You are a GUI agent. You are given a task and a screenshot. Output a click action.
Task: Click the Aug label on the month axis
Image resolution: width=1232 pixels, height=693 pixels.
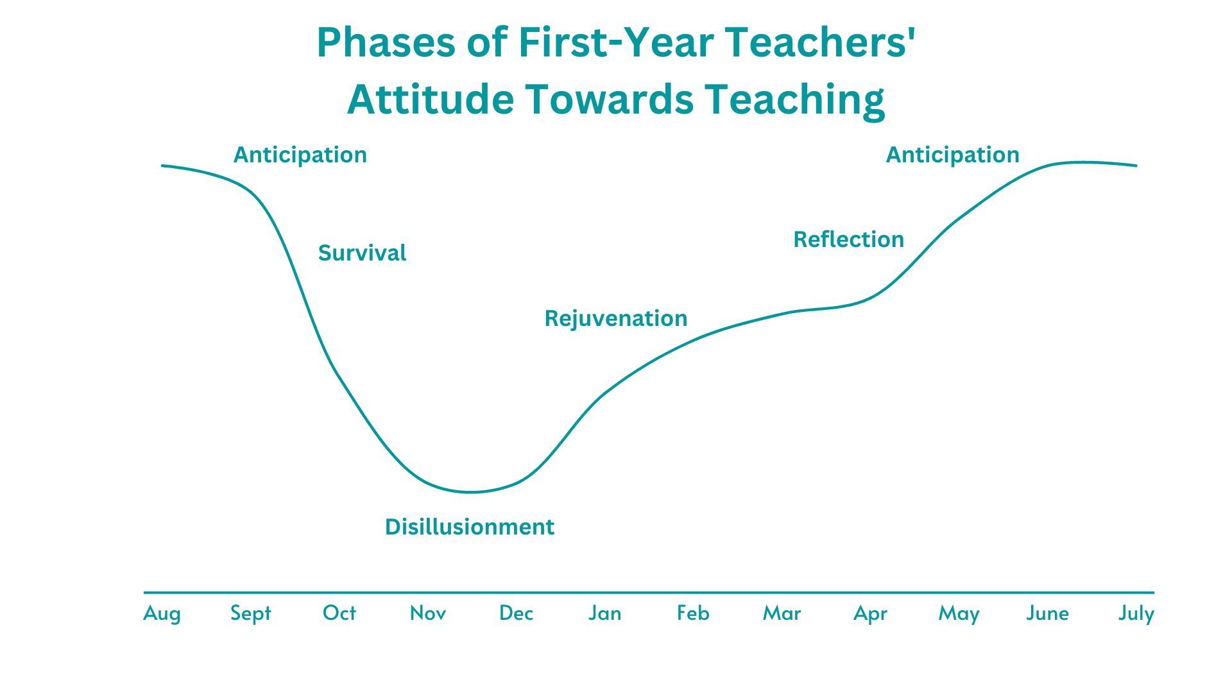(162, 613)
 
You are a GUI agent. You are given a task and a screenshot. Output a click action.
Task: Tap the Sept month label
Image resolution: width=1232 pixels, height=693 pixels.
(250, 613)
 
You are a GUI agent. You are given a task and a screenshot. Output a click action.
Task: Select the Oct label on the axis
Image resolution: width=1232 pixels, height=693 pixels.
(339, 613)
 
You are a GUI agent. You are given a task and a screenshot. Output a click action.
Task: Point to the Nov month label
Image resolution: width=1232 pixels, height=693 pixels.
(427, 613)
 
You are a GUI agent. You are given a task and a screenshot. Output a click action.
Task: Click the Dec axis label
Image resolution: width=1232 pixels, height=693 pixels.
(516, 613)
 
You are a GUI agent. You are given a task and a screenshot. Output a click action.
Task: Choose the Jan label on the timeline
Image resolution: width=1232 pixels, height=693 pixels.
(604, 613)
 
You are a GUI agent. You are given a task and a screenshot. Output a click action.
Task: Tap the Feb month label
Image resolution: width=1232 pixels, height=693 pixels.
(693, 613)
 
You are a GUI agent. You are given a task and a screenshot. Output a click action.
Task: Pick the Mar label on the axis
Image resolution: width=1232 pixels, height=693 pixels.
(782, 613)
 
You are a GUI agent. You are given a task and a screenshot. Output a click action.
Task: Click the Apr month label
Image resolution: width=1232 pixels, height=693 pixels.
(870, 613)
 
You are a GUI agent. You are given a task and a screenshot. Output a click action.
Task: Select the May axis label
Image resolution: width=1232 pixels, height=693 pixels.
(959, 613)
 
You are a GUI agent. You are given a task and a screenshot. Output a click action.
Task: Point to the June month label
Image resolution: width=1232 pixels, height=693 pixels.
(1047, 613)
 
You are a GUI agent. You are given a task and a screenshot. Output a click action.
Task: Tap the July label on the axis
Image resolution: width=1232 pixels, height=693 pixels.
(1136, 613)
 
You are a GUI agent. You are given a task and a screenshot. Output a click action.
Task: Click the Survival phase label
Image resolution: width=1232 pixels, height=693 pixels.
(362, 253)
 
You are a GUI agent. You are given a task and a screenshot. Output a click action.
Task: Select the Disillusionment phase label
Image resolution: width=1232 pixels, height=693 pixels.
(469, 527)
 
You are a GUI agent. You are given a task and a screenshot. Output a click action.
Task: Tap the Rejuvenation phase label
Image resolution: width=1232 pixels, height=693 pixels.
(615, 318)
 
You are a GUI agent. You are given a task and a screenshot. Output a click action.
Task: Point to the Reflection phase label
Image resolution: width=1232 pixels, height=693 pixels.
(848, 239)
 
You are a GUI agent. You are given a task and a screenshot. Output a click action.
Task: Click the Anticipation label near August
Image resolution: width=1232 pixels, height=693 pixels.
(300, 155)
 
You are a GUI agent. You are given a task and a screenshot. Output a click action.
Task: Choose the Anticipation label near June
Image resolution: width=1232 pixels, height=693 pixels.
(952, 155)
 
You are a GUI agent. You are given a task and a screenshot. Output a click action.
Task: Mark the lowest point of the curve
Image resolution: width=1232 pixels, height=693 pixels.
(472, 492)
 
